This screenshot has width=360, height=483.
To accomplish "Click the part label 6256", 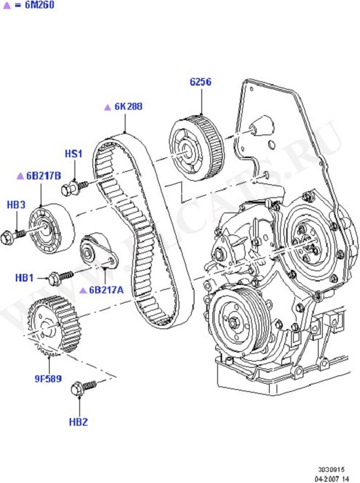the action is point(201,82).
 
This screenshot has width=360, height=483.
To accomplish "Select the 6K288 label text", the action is point(128,106).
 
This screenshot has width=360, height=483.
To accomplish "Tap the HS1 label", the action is point(74,154).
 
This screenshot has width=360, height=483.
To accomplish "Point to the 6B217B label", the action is point(43,175).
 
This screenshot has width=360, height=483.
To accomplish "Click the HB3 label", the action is point(16,204).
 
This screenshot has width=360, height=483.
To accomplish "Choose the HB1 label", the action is point(24,278).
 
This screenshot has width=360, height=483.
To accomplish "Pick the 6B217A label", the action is point(106,290).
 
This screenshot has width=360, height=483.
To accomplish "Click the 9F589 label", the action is point(48,378).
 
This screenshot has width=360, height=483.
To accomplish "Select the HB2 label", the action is point(78,422).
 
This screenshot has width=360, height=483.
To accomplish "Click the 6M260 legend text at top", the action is point(39,5).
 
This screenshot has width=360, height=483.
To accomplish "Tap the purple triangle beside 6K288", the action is point(108,107).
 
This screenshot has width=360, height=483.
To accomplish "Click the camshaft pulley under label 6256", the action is point(197,148).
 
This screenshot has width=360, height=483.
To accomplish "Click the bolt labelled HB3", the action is point(12,237).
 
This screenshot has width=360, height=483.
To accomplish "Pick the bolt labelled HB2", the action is point(83,388).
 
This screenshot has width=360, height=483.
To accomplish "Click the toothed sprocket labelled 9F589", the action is point(54,325).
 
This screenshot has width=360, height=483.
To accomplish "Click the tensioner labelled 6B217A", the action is point(99,251).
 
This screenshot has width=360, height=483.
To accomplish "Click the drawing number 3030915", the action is point(331,470).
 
